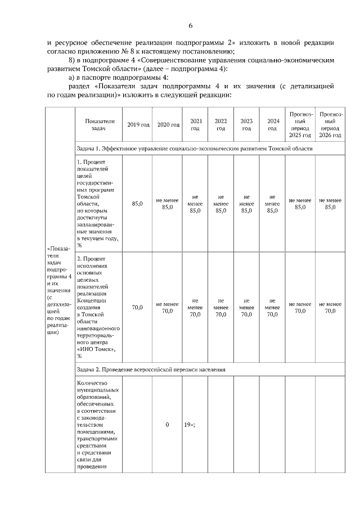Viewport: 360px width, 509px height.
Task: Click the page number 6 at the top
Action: click(x=191, y=26)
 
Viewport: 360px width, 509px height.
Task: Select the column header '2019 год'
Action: click(x=137, y=124)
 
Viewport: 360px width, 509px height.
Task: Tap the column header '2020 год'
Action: click(x=167, y=124)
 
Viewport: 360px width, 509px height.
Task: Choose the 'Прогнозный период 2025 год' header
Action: click(x=300, y=124)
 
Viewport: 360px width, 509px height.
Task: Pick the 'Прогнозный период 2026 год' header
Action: click(x=330, y=124)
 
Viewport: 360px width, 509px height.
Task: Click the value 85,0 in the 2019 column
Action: click(x=137, y=204)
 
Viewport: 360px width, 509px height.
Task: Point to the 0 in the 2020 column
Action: click(x=167, y=425)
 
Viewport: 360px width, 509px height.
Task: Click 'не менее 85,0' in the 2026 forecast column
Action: click(x=330, y=204)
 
